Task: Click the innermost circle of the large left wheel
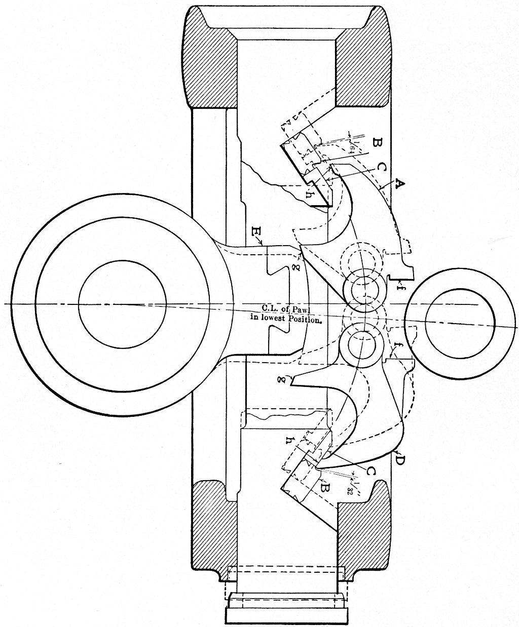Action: click(x=122, y=304)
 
